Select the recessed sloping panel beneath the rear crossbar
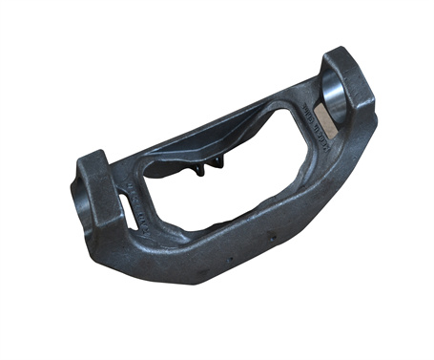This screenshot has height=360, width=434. (x=191, y=153)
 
